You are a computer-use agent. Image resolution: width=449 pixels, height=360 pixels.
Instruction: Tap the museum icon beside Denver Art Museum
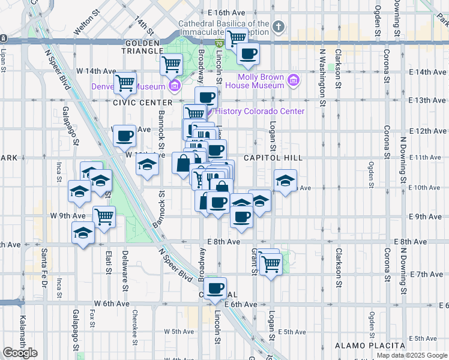click(x=175, y=86)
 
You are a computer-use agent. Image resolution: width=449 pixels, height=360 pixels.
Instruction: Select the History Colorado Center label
click(x=259, y=111)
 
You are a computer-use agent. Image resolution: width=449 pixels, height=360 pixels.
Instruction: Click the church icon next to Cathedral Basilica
click(x=277, y=26)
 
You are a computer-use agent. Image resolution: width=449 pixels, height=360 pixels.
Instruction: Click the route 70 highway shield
click(x=220, y=44)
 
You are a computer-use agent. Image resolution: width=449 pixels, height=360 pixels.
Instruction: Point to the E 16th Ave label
click(x=227, y=12)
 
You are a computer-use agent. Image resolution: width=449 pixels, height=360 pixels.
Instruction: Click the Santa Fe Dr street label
click(x=44, y=267)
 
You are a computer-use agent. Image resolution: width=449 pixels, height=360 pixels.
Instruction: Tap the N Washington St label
click(x=322, y=78)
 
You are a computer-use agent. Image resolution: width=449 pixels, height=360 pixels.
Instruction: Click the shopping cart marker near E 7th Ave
click(x=271, y=262)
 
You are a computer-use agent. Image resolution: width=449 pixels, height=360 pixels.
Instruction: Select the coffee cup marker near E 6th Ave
click(x=215, y=287)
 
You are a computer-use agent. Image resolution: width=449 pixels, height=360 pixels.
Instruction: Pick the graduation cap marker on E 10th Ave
click(x=286, y=179)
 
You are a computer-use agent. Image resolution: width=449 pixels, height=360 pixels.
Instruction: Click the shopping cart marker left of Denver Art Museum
click(x=125, y=82)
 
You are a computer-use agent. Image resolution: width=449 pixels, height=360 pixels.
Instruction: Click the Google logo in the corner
click(x=20, y=353)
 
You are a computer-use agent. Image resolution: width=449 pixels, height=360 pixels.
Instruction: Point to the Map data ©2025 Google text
click(x=412, y=355)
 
